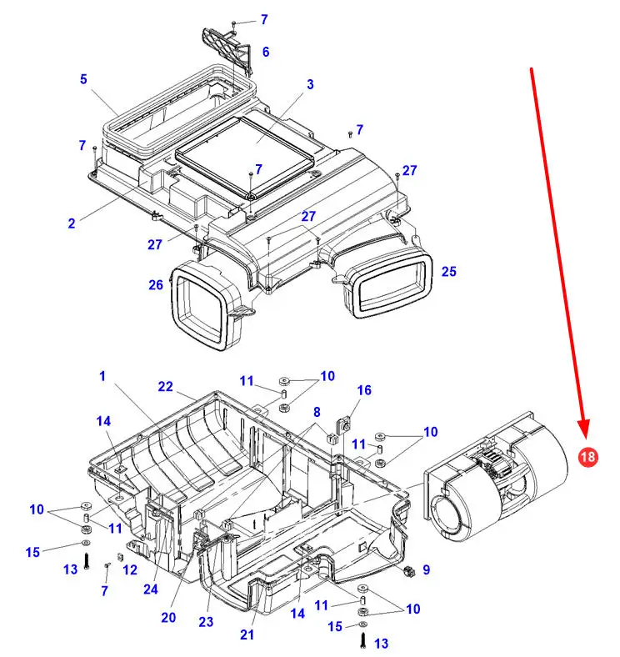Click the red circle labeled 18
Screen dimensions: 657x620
point(587,457)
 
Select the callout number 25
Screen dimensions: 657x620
point(449,272)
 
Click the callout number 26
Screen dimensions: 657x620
point(156,285)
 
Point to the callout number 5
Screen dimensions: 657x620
point(83,80)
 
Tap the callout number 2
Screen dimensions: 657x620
point(72,223)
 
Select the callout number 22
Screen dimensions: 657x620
point(166,386)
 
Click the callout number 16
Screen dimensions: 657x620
point(364,390)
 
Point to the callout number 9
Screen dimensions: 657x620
point(426,570)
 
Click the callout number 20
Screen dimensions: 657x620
point(169,618)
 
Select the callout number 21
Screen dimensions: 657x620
point(247,634)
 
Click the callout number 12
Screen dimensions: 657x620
point(129,570)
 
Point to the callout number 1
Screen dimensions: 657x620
point(102,377)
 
